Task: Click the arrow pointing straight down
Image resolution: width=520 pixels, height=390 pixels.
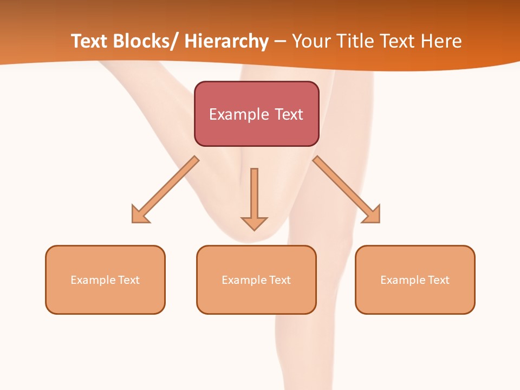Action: click(x=254, y=198)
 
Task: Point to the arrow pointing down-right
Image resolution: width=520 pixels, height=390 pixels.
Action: click(x=347, y=190)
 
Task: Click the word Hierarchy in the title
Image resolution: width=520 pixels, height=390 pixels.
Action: click(x=226, y=41)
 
